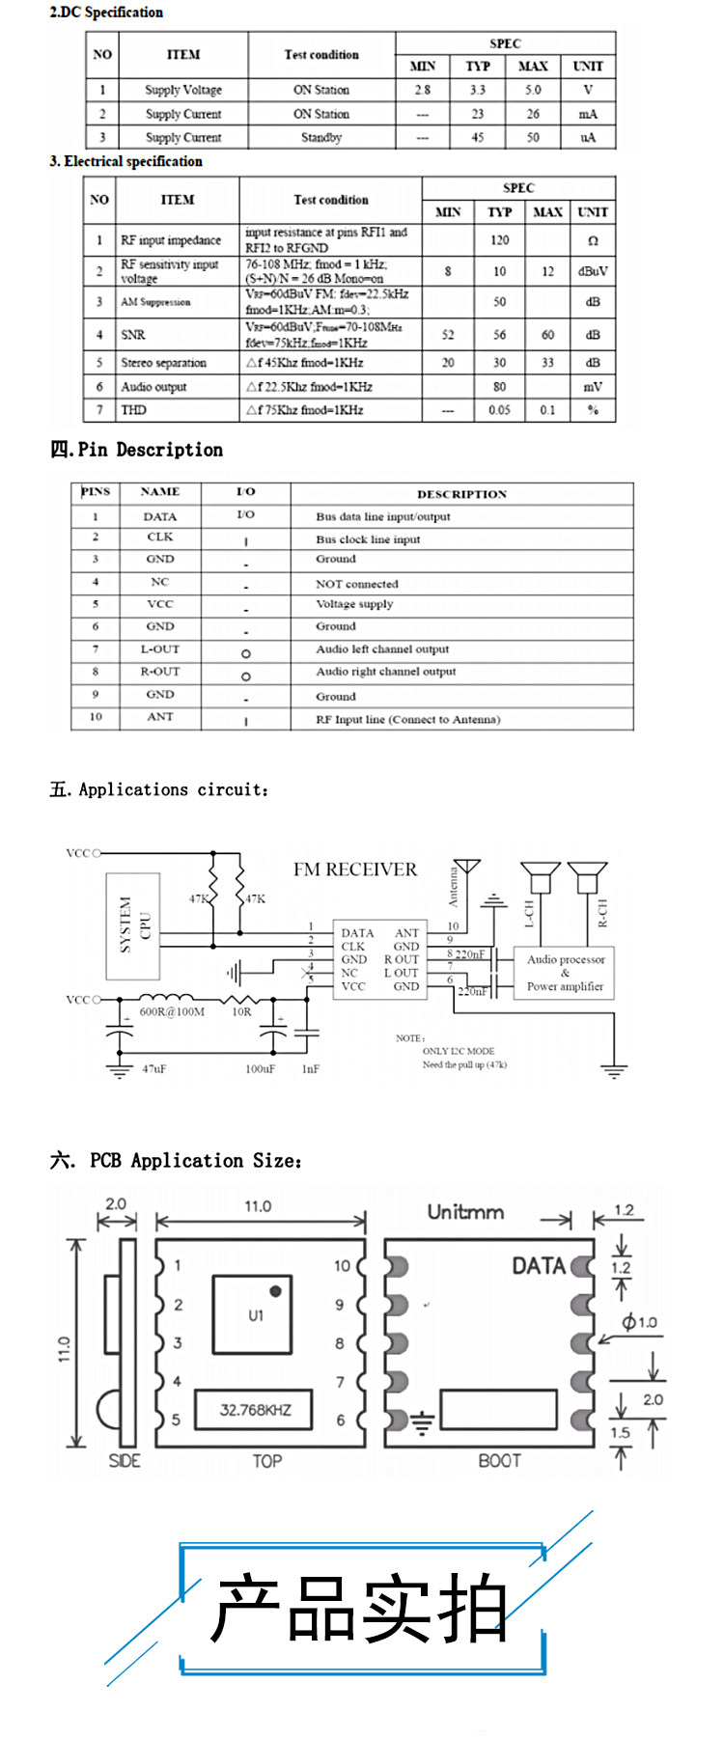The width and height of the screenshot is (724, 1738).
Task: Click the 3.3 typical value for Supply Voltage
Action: (x=477, y=90)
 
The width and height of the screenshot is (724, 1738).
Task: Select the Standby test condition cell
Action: (x=321, y=137)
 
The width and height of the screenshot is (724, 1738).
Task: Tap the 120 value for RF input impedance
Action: (x=499, y=240)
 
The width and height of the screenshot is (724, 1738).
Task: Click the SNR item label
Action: (x=133, y=335)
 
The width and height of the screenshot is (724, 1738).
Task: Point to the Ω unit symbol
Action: (x=592, y=240)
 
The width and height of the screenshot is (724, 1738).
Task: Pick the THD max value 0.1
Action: (x=547, y=410)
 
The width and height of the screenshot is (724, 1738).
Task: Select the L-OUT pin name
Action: (x=160, y=649)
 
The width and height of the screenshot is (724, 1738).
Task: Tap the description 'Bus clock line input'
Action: (x=368, y=539)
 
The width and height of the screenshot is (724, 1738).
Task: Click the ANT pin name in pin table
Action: (x=160, y=717)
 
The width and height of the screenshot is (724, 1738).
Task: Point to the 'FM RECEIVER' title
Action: (x=355, y=869)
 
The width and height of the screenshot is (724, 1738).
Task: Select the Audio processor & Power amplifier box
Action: (x=566, y=973)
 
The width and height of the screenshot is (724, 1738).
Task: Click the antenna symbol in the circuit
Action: (x=467, y=868)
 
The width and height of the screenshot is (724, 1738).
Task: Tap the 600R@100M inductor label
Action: (x=172, y=1012)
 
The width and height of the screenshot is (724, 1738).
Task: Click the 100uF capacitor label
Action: (x=260, y=1069)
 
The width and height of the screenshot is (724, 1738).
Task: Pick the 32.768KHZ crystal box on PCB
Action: (x=255, y=1410)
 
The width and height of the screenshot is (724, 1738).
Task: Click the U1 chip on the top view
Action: (x=253, y=1314)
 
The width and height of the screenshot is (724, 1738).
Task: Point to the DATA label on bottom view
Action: (x=538, y=1266)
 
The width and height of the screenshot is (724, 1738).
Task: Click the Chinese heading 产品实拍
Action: (x=359, y=1609)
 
